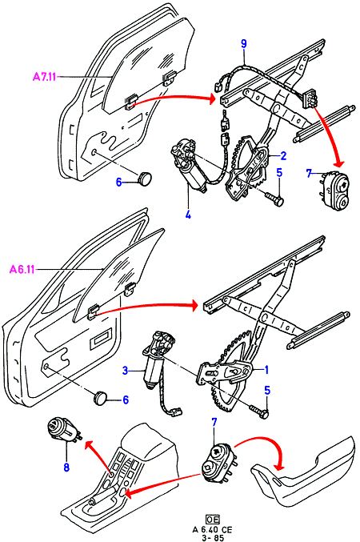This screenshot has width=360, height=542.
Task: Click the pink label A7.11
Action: pyautogui.click(x=45, y=76)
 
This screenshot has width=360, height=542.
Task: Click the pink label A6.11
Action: pyautogui.click(x=22, y=269)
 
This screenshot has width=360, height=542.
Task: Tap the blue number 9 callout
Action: pyautogui.click(x=244, y=44)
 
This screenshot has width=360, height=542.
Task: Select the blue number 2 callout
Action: pyautogui.click(x=283, y=155)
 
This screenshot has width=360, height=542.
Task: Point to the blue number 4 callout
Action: pyautogui.click(x=188, y=215)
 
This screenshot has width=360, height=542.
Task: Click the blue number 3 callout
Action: pyautogui.click(x=126, y=371)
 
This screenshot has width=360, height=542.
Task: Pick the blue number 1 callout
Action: pyautogui.click(x=266, y=370)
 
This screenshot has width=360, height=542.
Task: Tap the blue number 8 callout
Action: pyautogui.click(x=66, y=468)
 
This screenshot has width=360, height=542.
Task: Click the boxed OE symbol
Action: pyautogui.click(x=213, y=520)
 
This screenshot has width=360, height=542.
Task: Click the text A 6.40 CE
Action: pyautogui.click(x=213, y=529)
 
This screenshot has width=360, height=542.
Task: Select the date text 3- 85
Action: pyautogui.click(x=213, y=538)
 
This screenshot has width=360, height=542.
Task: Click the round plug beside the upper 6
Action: pyautogui.click(x=145, y=178)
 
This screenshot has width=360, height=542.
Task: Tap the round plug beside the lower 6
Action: pyautogui.click(x=101, y=396)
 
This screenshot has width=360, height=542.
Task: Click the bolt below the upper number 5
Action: pyautogui.click(x=274, y=199)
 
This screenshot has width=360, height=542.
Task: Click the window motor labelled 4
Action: pyautogui.click(x=187, y=165)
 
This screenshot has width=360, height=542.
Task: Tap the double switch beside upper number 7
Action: pyautogui.click(x=334, y=191)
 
